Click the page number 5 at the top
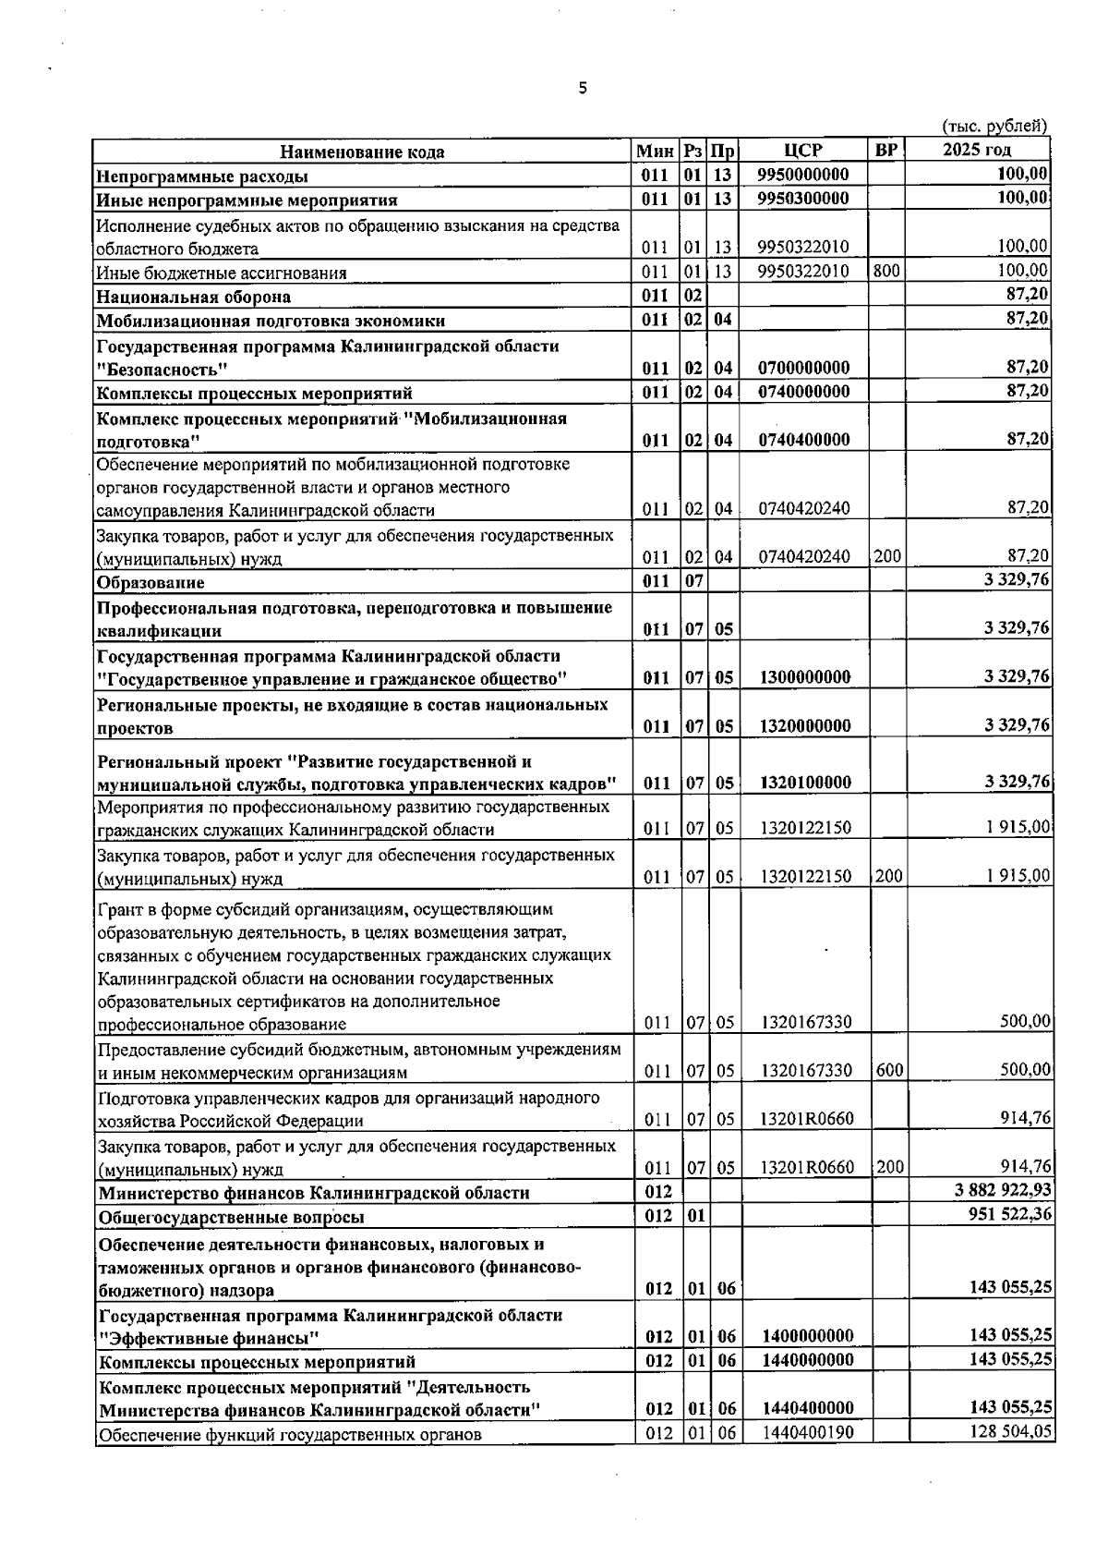coord(582,89)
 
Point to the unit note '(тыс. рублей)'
coord(994,127)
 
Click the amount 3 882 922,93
coord(1003,1190)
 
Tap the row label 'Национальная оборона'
coord(194,297)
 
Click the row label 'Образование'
coord(151,583)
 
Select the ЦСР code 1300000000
coord(804,677)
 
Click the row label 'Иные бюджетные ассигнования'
coord(222,273)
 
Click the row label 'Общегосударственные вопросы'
coord(232,1217)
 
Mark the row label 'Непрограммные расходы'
coord(202,176)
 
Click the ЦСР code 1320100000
coord(804,783)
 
